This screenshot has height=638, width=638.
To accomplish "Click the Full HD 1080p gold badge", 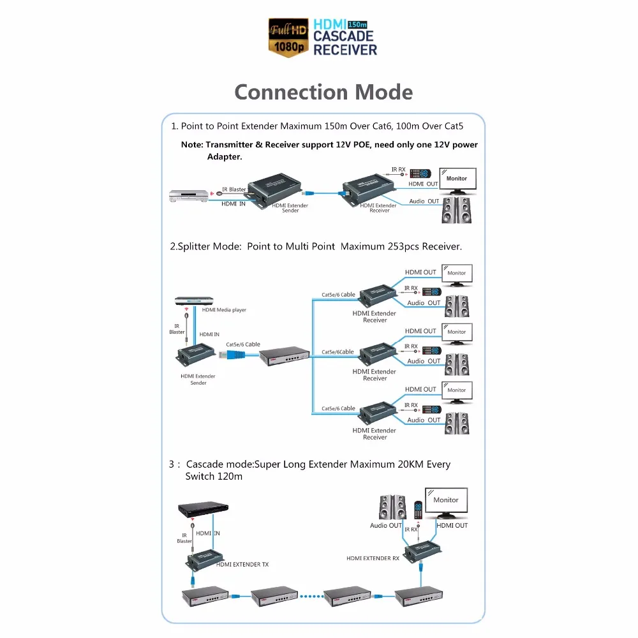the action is coord(288,38).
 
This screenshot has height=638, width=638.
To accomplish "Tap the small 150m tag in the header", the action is coord(357,24).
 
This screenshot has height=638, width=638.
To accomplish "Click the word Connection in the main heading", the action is coord(292,92).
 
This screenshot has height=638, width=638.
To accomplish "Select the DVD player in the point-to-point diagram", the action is coord(189,196).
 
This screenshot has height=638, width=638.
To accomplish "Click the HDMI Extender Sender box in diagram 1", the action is coord(275,190).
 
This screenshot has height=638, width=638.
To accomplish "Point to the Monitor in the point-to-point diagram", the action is coord(457,181).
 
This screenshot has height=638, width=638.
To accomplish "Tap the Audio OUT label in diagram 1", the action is coord(424,201).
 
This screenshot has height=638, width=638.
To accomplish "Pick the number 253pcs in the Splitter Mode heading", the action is coord(403,246).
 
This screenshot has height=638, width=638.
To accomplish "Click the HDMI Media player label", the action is coord(224,309).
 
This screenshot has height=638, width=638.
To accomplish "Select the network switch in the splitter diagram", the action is coord(285,356).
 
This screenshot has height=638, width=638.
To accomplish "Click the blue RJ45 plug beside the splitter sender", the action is coord(232,355).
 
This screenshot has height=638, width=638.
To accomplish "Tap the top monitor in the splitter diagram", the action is coord(457,275).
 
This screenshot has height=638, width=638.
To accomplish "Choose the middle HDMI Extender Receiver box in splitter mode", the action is coord(378,353).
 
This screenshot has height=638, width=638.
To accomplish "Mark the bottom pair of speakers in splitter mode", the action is coord(457,423).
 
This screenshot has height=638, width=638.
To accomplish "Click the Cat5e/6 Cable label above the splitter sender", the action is coord(243,345).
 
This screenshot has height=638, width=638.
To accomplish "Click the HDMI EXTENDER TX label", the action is coord(242,565).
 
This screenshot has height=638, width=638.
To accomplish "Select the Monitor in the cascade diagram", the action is coord(447,503).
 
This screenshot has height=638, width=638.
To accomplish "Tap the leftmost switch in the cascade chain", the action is coord(205,597).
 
